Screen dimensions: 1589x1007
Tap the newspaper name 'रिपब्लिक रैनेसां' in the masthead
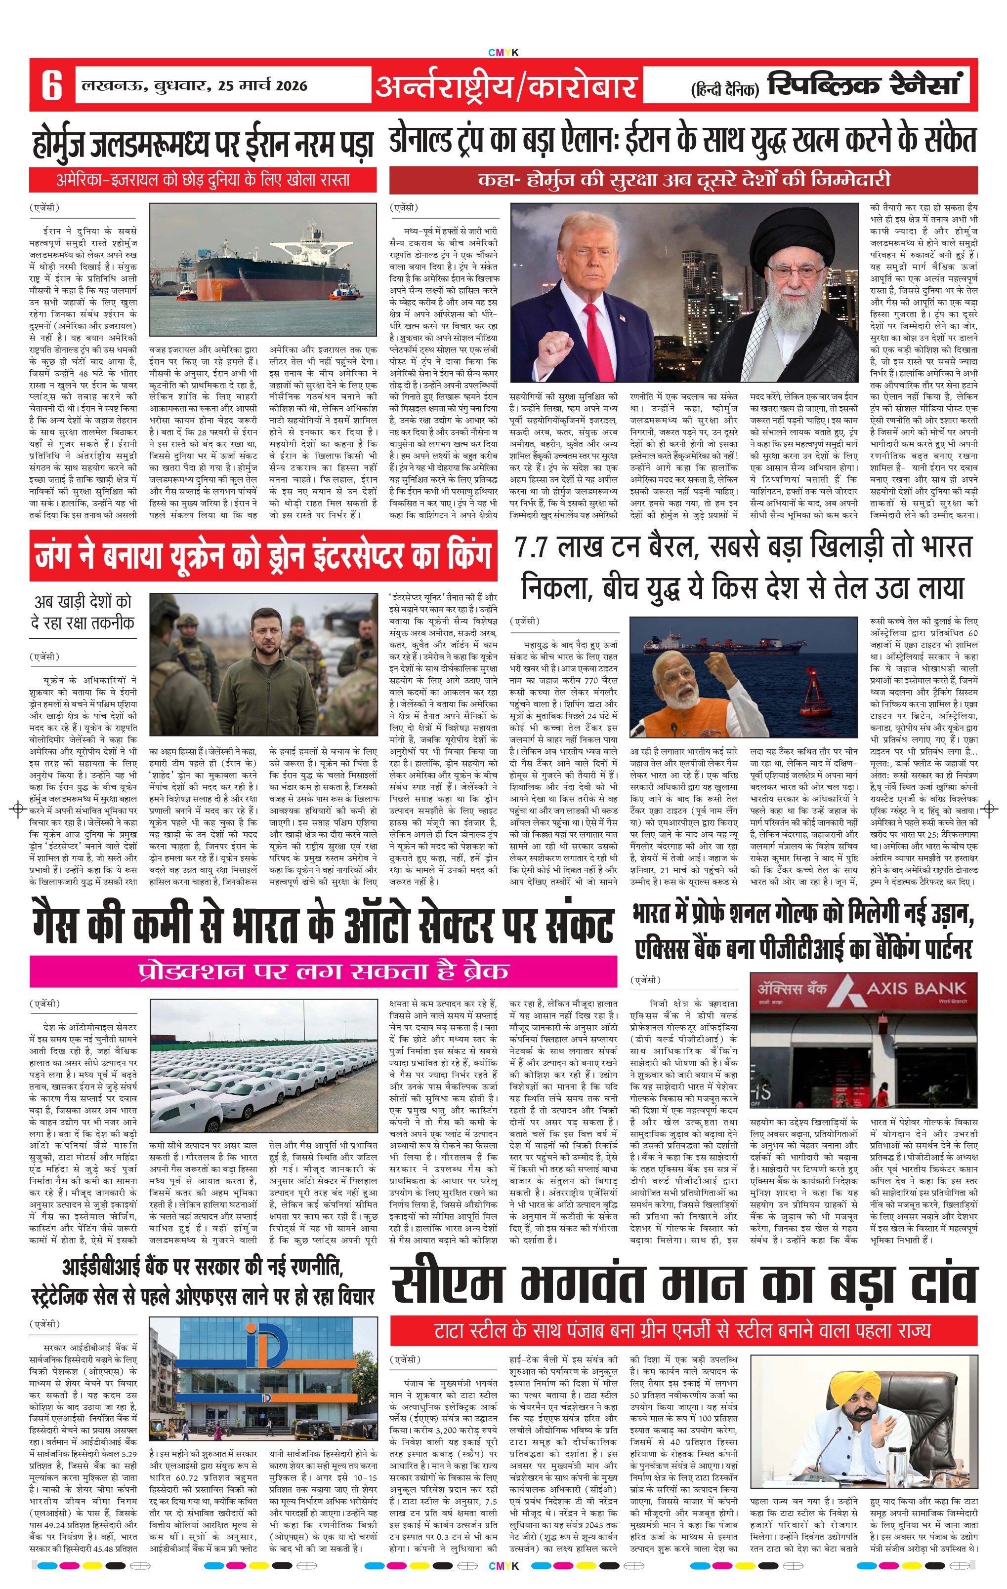pos(865,85)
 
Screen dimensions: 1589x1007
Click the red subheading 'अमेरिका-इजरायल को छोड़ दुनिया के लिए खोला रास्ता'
pos(203,180)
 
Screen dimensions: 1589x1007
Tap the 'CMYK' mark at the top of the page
pos(503,53)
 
